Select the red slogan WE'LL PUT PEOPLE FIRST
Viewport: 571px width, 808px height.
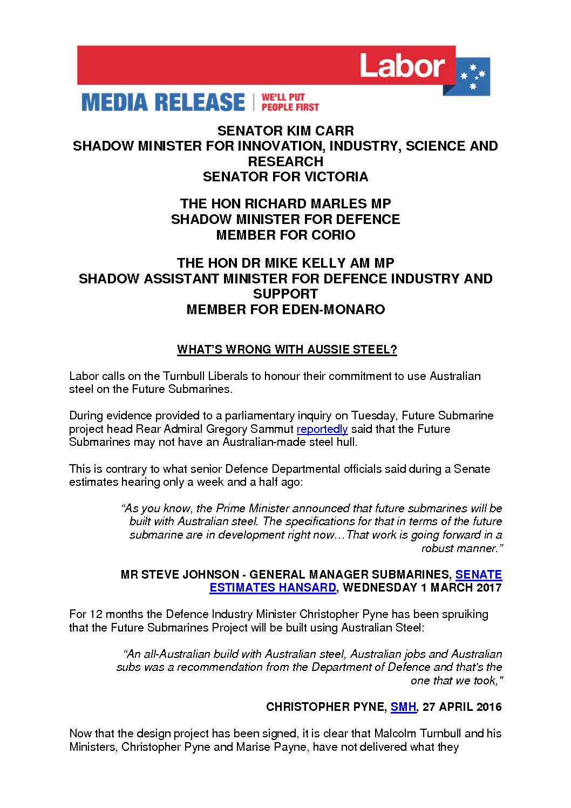coord(290,102)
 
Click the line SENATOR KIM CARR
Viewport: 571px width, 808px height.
coord(285,131)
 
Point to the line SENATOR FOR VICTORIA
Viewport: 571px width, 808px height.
coord(285,176)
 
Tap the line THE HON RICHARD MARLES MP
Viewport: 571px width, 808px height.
coord(285,203)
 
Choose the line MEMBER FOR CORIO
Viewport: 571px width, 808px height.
coord(285,235)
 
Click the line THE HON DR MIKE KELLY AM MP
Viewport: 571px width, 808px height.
coord(285,263)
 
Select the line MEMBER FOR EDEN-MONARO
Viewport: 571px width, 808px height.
coord(285,310)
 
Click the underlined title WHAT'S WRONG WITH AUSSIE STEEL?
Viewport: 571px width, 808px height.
coord(287,350)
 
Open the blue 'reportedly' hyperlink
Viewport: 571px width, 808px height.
coord(322,429)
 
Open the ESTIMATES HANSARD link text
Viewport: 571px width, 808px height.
coord(273,588)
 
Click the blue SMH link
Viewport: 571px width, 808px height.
coord(403,707)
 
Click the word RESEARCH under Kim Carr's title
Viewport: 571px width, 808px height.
coord(285,161)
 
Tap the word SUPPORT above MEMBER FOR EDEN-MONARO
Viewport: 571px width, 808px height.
coord(285,294)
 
